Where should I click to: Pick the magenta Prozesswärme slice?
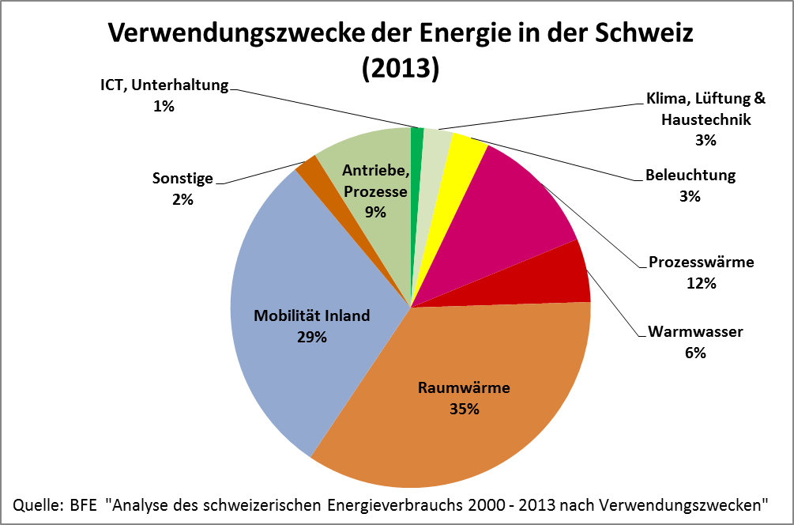pos(521,206)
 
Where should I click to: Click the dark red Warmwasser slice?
pos(561,277)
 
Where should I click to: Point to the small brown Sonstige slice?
pos(307,168)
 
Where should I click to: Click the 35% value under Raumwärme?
pos(464,409)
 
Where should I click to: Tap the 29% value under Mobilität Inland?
pos(311,337)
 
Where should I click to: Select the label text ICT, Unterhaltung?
pos(164,85)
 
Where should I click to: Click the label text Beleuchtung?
pos(690,176)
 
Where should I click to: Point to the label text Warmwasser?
pos(695,332)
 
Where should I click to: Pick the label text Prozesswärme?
pos(701,262)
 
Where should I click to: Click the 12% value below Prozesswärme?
pos(701,282)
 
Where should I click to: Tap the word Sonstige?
pos(183,179)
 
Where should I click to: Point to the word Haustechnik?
pos(706,120)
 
